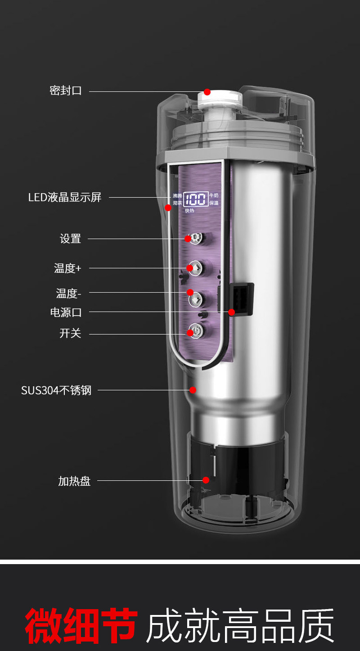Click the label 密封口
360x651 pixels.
[66, 90]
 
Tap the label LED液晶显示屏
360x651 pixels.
[65, 197]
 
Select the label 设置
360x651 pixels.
[71, 239]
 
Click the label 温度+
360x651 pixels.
[68, 268]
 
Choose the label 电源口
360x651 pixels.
[66, 312]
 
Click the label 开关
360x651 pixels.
[70, 334]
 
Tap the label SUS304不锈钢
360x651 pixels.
[56, 390]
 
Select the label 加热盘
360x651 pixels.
[74, 481]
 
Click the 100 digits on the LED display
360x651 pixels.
[196, 199]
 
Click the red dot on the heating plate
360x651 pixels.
[206, 480]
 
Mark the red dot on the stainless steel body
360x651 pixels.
[193, 390]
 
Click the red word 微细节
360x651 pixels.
[81, 626]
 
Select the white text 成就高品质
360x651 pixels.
[240, 626]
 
